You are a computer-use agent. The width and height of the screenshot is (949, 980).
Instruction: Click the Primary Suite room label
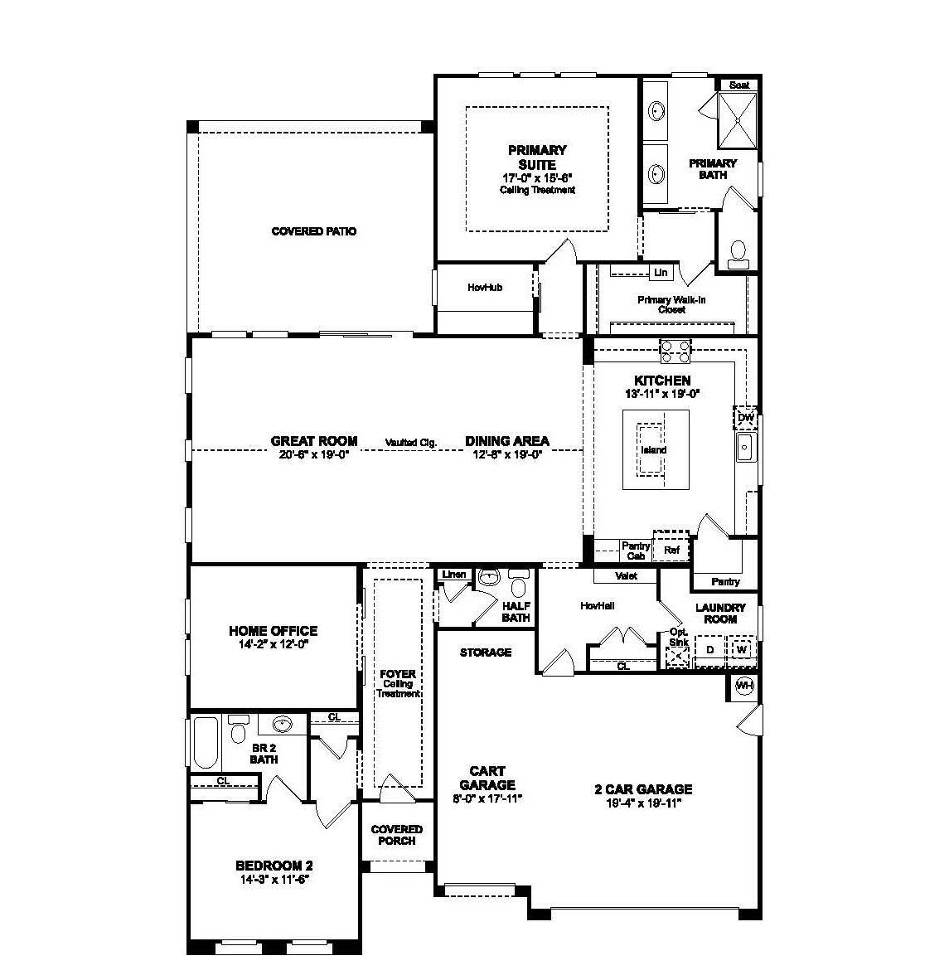537,157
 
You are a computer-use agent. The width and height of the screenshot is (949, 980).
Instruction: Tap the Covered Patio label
314,231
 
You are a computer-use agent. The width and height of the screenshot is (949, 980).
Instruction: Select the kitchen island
653,450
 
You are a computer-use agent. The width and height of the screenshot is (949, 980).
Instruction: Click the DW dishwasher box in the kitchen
745,418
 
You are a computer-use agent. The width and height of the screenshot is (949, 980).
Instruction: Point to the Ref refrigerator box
671,549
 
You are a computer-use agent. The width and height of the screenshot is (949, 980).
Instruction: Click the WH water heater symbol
744,686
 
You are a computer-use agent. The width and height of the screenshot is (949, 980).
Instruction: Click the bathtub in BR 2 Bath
205,744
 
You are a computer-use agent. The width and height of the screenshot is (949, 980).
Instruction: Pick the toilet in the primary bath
738,254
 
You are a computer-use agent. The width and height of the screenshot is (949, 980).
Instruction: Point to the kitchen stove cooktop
675,351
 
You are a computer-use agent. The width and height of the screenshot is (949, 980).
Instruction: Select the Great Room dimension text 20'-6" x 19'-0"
314,454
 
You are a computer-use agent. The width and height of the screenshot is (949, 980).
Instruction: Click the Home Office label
274,631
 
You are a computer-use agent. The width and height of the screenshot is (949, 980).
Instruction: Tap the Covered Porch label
397,835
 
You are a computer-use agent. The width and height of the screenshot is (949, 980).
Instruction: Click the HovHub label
485,288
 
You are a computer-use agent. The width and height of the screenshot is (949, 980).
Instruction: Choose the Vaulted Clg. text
410,443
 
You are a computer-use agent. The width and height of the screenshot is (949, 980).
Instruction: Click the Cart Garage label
487,778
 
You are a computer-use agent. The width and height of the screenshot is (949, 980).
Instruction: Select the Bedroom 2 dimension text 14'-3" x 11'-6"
274,879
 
